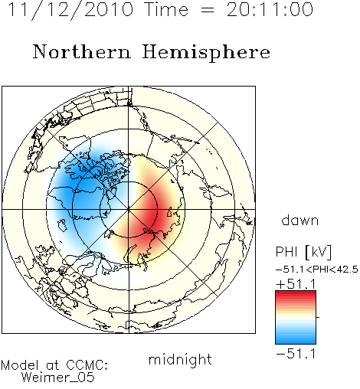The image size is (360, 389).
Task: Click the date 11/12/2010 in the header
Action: coord(70,10)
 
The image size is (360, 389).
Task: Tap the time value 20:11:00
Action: coord(270,10)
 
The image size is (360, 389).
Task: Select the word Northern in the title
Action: coord(82,52)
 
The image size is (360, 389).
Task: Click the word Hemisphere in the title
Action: coord(206,53)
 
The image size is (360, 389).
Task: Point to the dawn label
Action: coord(300,221)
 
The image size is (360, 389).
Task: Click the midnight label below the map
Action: coord(180,360)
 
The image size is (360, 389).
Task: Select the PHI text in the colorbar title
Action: coord(286,252)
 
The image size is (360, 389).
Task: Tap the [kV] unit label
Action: coord(318,252)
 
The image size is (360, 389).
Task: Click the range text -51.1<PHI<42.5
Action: coord(317,270)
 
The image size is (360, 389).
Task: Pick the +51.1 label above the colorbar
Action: coord(296,284)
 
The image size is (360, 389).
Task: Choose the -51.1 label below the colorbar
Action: coord(296,354)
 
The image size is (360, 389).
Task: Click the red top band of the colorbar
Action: coord(296,294)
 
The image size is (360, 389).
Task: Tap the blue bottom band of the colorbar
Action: coord(296,341)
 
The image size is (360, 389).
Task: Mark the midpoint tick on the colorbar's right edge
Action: coord(318,317)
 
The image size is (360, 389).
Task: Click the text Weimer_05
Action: coord(57,378)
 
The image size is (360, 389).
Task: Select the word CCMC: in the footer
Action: coord(87,365)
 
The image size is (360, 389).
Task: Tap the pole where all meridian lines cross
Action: coord(129,210)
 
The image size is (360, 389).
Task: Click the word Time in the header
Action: coord(166,10)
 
